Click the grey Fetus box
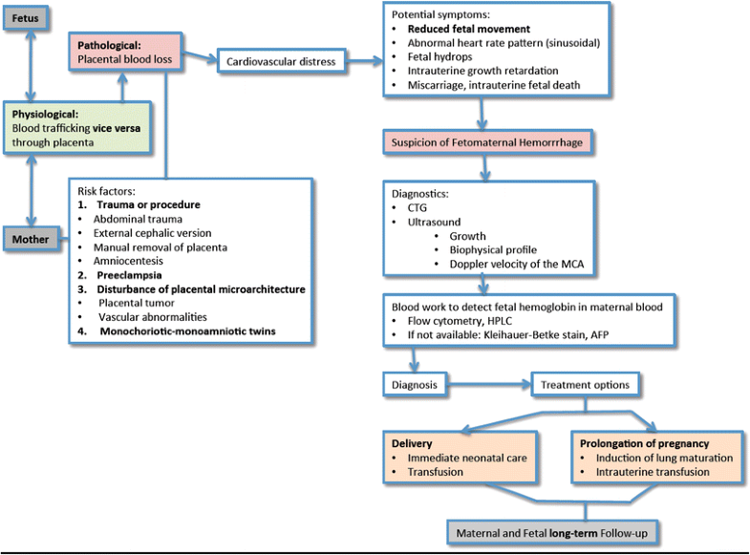(31, 17)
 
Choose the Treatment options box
(585, 385)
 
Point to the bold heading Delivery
(413, 443)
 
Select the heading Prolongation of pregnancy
(644, 443)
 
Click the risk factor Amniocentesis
(136, 261)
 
